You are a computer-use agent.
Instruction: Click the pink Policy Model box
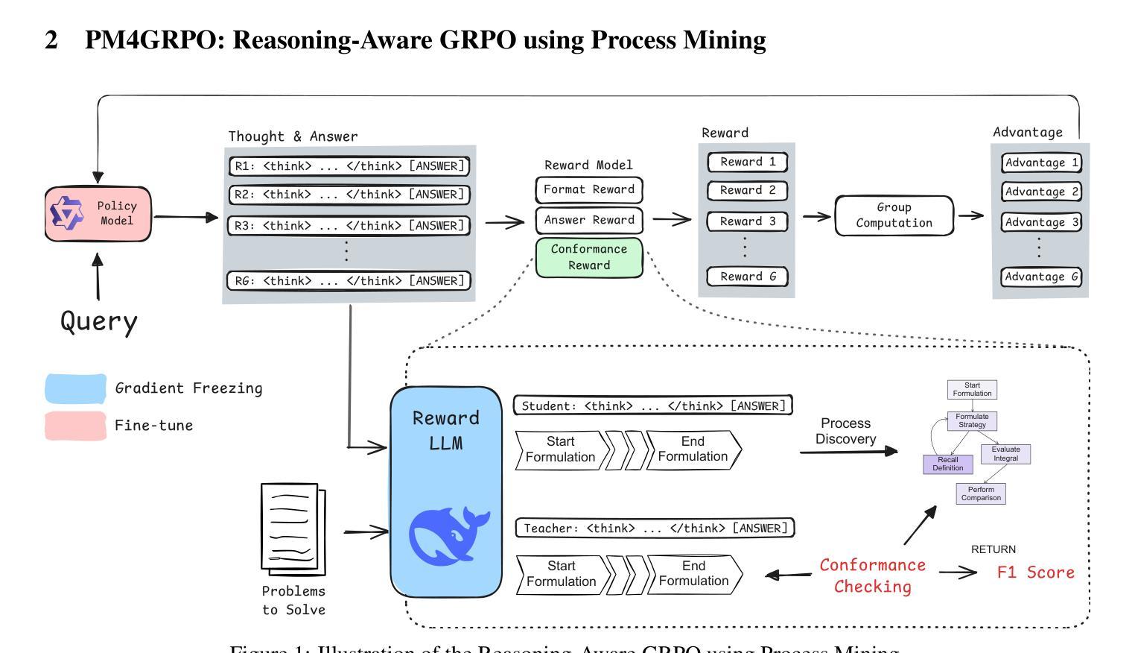click(x=98, y=214)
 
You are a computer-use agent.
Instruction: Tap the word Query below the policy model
click(x=99, y=321)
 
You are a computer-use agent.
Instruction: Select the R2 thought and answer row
click(x=349, y=195)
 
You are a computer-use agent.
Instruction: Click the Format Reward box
click(x=588, y=190)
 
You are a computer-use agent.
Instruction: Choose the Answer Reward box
click(x=588, y=220)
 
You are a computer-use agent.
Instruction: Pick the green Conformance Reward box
click(x=588, y=257)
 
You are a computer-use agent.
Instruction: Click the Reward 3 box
click(x=747, y=221)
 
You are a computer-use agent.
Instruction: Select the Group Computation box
click(x=894, y=215)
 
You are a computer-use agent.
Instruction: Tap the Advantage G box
click(x=1040, y=277)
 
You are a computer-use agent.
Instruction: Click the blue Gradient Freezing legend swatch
click(x=75, y=388)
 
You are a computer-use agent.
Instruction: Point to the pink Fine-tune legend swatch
click(x=75, y=426)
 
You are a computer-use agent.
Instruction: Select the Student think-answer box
click(x=652, y=406)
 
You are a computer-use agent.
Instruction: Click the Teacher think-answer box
click(x=655, y=528)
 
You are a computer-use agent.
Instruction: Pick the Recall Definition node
click(x=947, y=464)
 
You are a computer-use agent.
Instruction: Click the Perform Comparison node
click(x=980, y=493)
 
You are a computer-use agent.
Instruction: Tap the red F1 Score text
click(x=1035, y=572)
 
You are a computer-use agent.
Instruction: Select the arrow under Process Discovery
click(x=848, y=451)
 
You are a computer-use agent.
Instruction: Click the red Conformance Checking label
click(x=872, y=575)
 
